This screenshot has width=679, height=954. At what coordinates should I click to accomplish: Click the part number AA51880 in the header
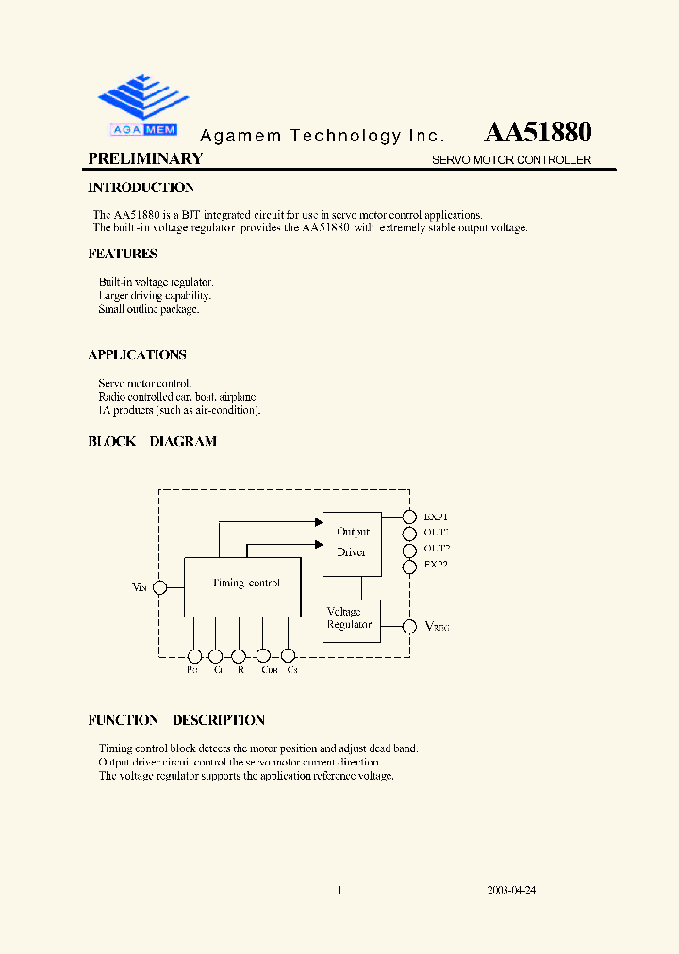(538, 132)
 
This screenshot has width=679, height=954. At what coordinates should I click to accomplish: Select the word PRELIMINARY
(145, 159)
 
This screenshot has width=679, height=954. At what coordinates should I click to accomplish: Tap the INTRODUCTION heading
(141, 188)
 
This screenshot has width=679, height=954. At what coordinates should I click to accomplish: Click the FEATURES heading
(123, 254)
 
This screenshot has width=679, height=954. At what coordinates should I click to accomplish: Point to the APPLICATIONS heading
(138, 355)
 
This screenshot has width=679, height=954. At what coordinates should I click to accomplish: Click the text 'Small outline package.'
(149, 309)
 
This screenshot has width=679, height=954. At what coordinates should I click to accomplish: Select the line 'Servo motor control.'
(145, 384)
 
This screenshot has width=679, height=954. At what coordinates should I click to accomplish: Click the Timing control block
(243, 585)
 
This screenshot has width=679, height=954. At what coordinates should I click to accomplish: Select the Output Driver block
(352, 542)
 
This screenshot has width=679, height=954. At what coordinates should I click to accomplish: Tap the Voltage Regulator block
(351, 620)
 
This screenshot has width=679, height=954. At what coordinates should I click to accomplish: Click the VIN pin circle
(160, 587)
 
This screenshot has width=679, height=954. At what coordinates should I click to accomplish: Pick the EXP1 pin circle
(408, 517)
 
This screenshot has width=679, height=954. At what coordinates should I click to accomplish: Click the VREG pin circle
(409, 626)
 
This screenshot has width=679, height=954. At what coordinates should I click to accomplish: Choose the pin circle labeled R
(240, 656)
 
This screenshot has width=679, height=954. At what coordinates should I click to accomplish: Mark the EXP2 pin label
(436, 566)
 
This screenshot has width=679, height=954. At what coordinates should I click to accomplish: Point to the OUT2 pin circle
(408, 550)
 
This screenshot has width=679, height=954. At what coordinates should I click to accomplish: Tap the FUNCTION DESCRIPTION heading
(176, 720)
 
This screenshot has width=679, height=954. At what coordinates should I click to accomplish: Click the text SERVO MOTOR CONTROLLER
(511, 160)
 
